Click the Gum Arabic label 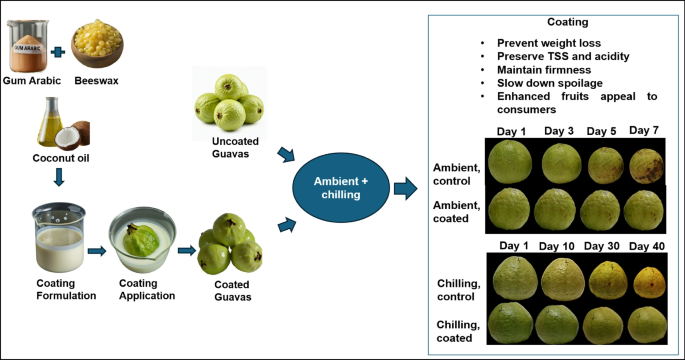click(32, 81)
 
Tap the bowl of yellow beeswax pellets click(97, 44)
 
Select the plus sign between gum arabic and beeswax click(58, 52)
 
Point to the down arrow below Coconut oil click(59, 177)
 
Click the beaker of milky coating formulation click(59, 237)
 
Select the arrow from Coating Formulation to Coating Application click(97, 251)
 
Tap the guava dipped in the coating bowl click(140, 240)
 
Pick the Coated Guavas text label click(232, 291)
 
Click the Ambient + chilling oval click(341, 188)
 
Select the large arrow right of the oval click(406, 189)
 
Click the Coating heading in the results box click(567, 22)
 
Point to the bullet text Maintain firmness click(544, 70)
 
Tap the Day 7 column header click(643, 130)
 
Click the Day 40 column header click(647, 246)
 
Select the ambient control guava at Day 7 click(646, 166)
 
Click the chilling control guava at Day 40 click(649, 283)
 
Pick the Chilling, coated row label click(458, 331)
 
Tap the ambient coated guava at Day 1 click(509, 209)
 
